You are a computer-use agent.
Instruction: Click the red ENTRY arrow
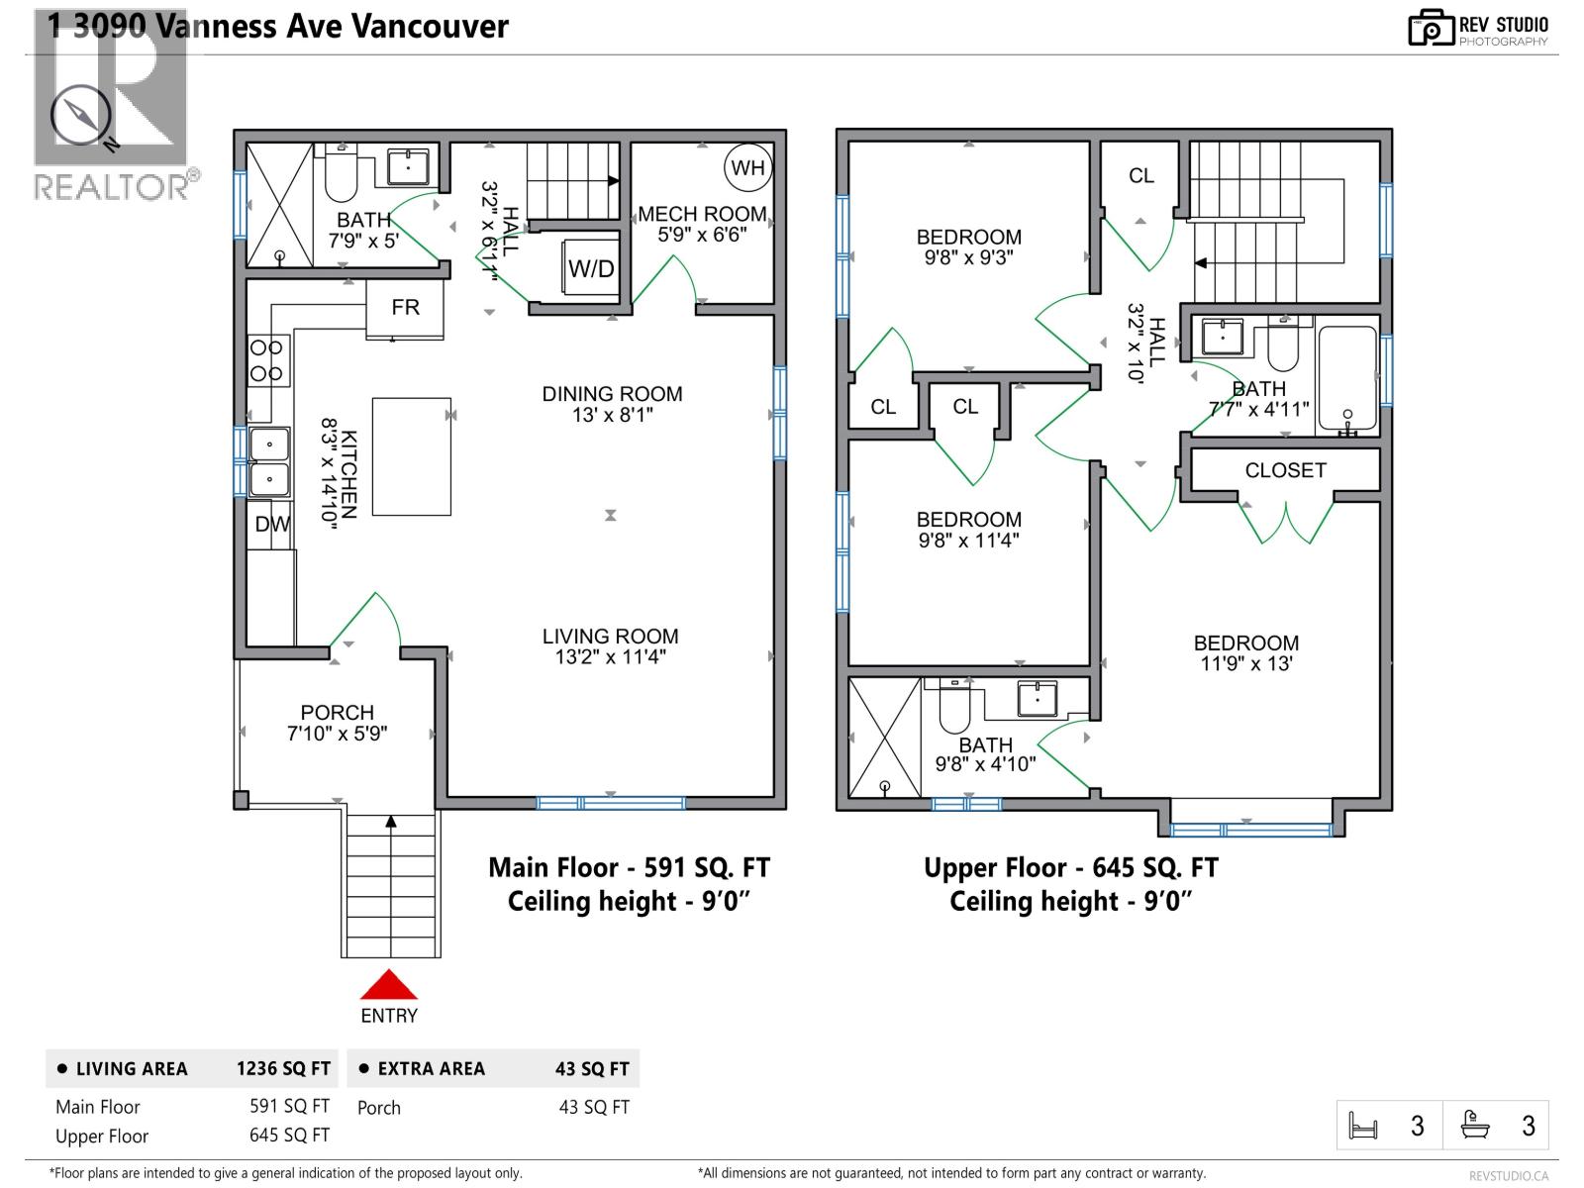(x=388, y=985)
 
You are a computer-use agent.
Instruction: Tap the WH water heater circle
(x=747, y=167)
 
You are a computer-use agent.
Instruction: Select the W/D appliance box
(x=591, y=268)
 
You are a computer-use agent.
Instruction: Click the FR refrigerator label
(x=405, y=308)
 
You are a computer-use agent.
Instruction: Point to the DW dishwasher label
(x=271, y=525)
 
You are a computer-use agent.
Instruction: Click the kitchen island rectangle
(x=412, y=456)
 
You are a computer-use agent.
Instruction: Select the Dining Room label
(x=612, y=394)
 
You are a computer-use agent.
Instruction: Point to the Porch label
(x=338, y=713)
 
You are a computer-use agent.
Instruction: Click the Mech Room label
(x=702, y=214)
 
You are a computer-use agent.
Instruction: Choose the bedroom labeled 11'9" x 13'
(x=1245, y=653)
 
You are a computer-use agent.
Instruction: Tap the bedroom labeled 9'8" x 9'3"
(x=968, y=247)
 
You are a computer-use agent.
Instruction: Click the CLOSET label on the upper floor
(x=1285, y=470)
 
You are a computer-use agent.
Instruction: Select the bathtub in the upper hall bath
(x=1346, y=380)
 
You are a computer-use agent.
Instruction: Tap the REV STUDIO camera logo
(x=1430, y=28)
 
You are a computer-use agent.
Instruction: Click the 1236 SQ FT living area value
(x=283, y=1069)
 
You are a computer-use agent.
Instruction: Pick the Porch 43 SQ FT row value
(x=594, y=1108)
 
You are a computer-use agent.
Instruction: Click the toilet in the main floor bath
(x=341, y=175)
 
